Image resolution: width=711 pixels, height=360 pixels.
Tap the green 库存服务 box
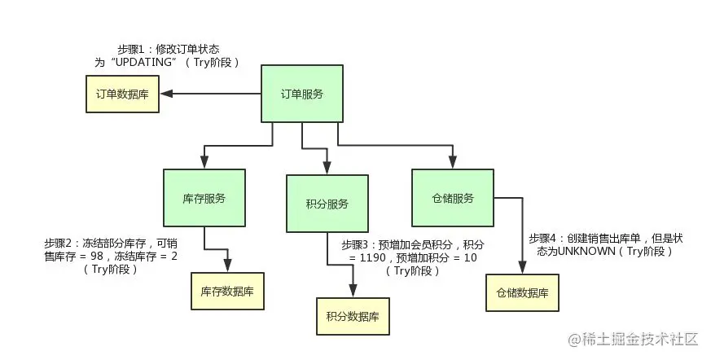click(204, 198)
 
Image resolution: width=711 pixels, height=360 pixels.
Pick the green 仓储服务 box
click(452, 198)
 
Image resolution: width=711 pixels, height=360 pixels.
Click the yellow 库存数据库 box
click(228, 291)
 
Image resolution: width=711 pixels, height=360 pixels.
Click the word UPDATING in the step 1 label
click(138, 62)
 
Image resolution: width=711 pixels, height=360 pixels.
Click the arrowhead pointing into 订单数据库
click(165, 94)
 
